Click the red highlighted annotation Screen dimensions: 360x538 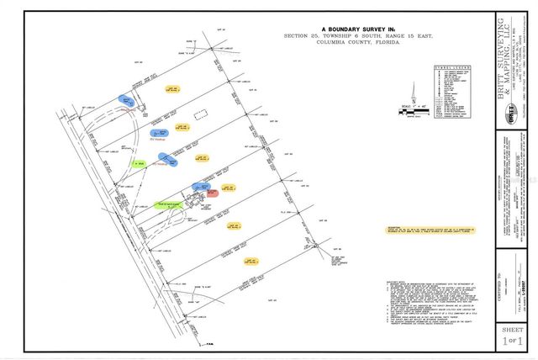[x=213, y=193]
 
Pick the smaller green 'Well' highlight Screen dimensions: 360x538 [x=138, y=162]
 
